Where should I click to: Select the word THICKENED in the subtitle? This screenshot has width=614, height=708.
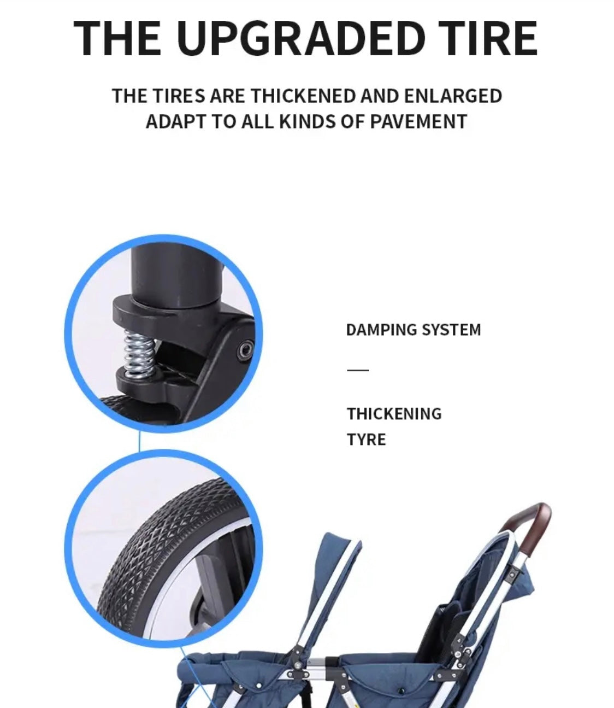click(x=304, y=96)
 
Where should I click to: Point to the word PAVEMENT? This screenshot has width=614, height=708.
click(x=418, y=121)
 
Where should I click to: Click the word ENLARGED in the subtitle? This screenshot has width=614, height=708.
click(x=453, y=96)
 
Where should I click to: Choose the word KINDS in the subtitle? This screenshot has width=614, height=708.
click(x=307, y=121)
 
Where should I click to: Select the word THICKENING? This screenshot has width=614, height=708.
click(x=394, y=414)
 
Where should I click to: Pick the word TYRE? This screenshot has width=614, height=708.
click(x=367, y=440)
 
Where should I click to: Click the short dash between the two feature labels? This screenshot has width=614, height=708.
click(x=358, y=370)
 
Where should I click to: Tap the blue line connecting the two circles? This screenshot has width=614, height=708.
click(x=139, y=441)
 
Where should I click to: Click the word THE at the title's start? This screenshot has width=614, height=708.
click(x=117, y=38)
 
